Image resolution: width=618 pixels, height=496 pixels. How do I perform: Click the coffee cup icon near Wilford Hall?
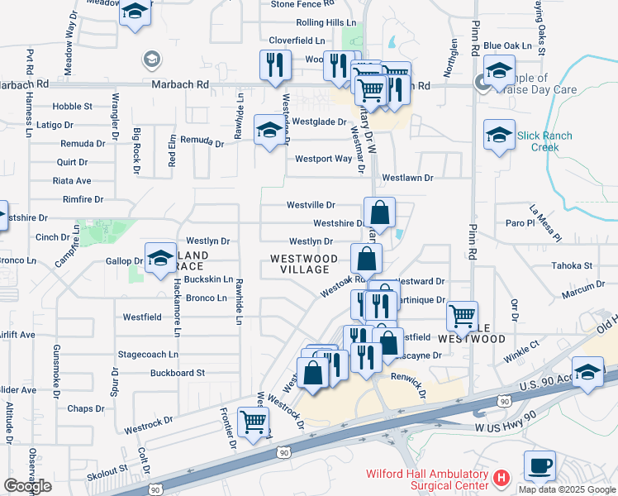point(540,466)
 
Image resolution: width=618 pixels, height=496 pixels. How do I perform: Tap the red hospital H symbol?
point(500,478)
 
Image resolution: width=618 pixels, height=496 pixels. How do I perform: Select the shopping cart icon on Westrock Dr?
point(254,422)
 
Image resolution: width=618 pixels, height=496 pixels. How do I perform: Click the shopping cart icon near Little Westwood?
point(462,316)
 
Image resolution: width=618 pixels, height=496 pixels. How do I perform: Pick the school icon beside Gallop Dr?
point(160,258)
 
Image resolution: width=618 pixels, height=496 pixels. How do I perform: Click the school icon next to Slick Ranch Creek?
point(499,135)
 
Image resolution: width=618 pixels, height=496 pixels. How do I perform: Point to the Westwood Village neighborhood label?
point(304,264)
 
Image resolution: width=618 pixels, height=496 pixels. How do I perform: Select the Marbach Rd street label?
point(179,84)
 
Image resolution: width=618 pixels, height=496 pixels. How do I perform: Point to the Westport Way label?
point(323,158)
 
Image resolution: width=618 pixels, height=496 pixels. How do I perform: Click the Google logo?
point(27,486)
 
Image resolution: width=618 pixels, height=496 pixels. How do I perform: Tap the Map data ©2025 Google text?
point(566,489)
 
